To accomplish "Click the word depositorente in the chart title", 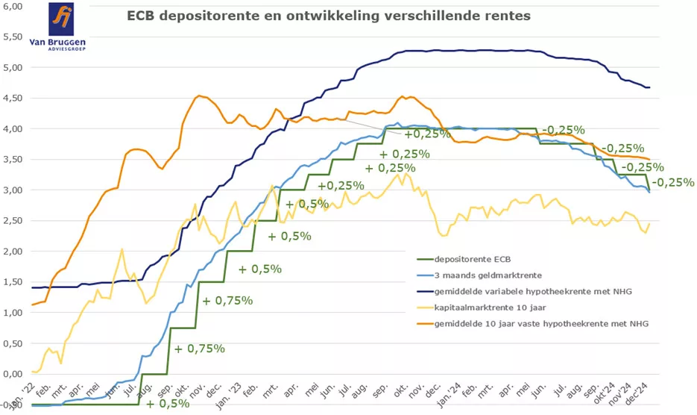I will (x=204, y=16).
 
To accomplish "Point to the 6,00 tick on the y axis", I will (x=13, y=6).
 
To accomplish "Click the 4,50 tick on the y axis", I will (x=13, y=98).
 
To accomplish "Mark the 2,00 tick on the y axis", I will (x=13, y=251).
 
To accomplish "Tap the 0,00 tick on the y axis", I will (x=13, y=373).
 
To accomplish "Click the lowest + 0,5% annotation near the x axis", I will (x=168, y=404).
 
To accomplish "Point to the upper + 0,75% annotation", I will (x=228, y=301).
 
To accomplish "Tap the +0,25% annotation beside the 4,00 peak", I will (x=427, y=134).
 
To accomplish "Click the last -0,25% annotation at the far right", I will (x=673, y=182).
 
